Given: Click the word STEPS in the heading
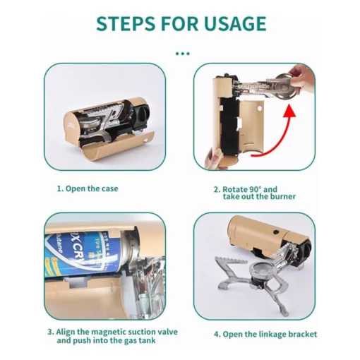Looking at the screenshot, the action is (126, 23).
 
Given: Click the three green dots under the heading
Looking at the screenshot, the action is (183, 54).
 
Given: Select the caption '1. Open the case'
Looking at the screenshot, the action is (88, 188).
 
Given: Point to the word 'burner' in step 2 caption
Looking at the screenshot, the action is (282, 196).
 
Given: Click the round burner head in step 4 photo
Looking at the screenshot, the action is (260, 269).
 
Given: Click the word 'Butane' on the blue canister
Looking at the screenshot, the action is (58, 244).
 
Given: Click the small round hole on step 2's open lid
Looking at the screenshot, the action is (260, 109).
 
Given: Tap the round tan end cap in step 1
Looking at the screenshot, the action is (72, 126).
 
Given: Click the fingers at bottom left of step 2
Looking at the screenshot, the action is (213, 157).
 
